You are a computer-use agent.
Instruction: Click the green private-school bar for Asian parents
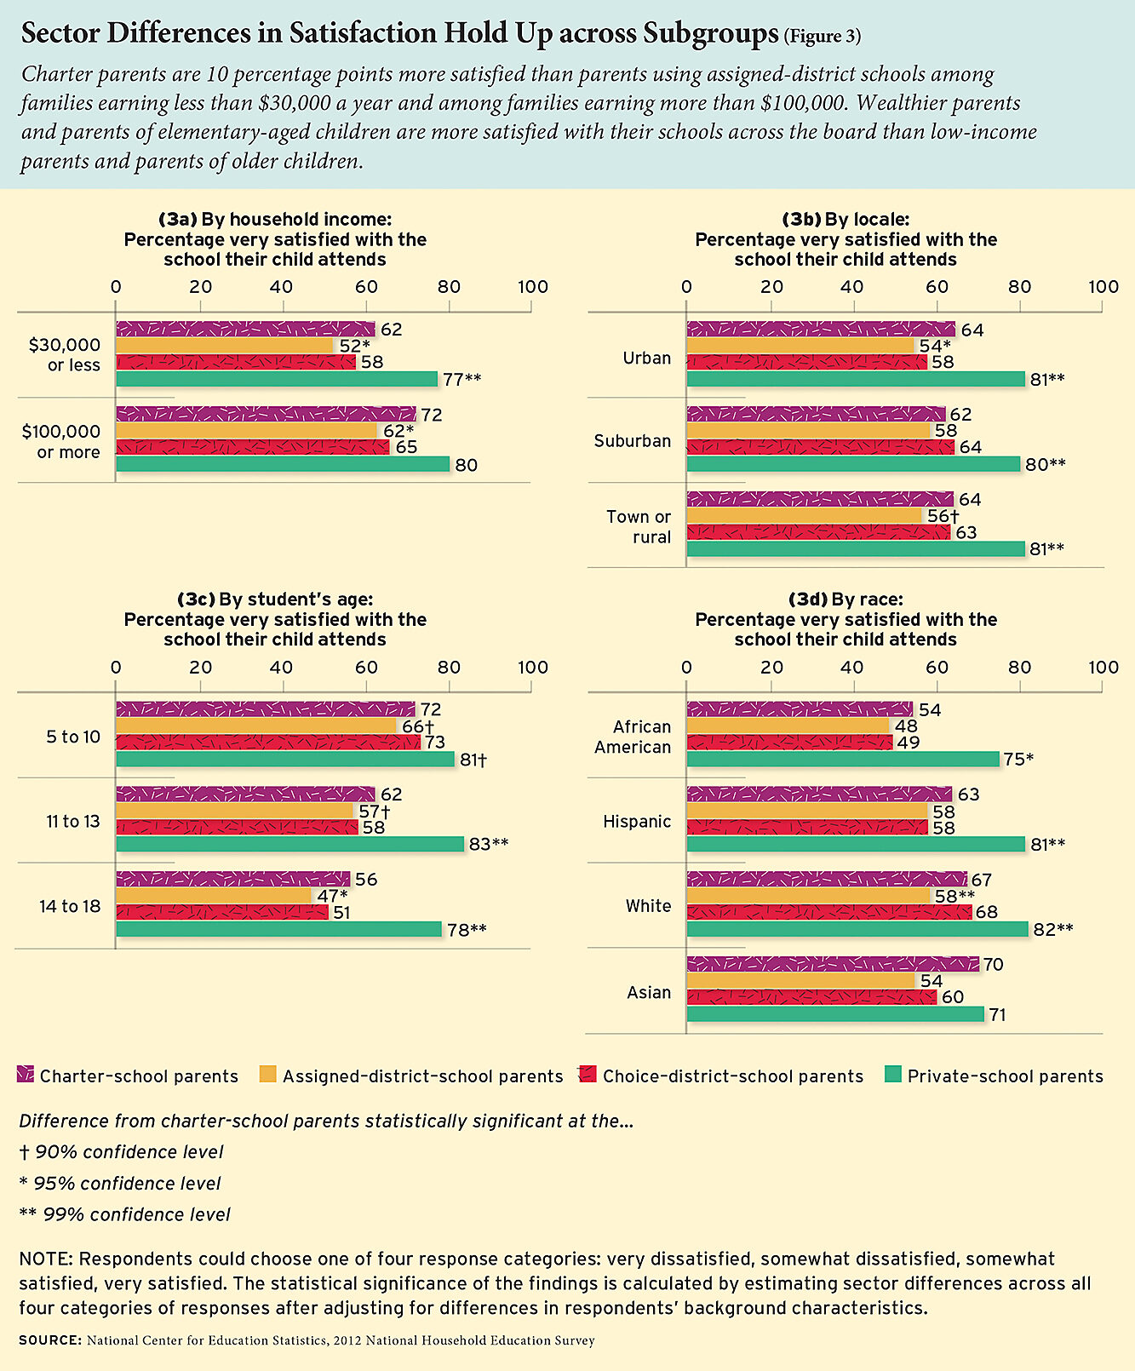point(834,1014)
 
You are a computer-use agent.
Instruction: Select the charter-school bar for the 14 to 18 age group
point(232,879)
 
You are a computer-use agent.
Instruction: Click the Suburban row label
point(633,441)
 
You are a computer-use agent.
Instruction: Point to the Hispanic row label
point(637,822)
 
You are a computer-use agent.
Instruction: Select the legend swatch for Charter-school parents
point(26,1076)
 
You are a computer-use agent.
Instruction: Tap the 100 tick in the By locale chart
point(1103,287)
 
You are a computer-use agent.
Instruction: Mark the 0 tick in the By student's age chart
point(116,668)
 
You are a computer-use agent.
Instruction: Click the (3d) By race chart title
point(846,599)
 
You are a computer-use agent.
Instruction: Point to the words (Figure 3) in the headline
point(822,37)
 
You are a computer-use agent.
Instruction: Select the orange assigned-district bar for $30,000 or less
point(225,346)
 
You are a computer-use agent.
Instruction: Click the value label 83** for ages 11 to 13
point(488,844)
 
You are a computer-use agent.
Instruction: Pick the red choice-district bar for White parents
point(828,912)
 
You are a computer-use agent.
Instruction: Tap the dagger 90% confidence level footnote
point(121,1152)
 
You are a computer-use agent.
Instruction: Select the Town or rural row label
point(639,527)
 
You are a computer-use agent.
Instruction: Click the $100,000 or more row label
point(61,442)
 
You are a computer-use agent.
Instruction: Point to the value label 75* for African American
point(1018,760)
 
